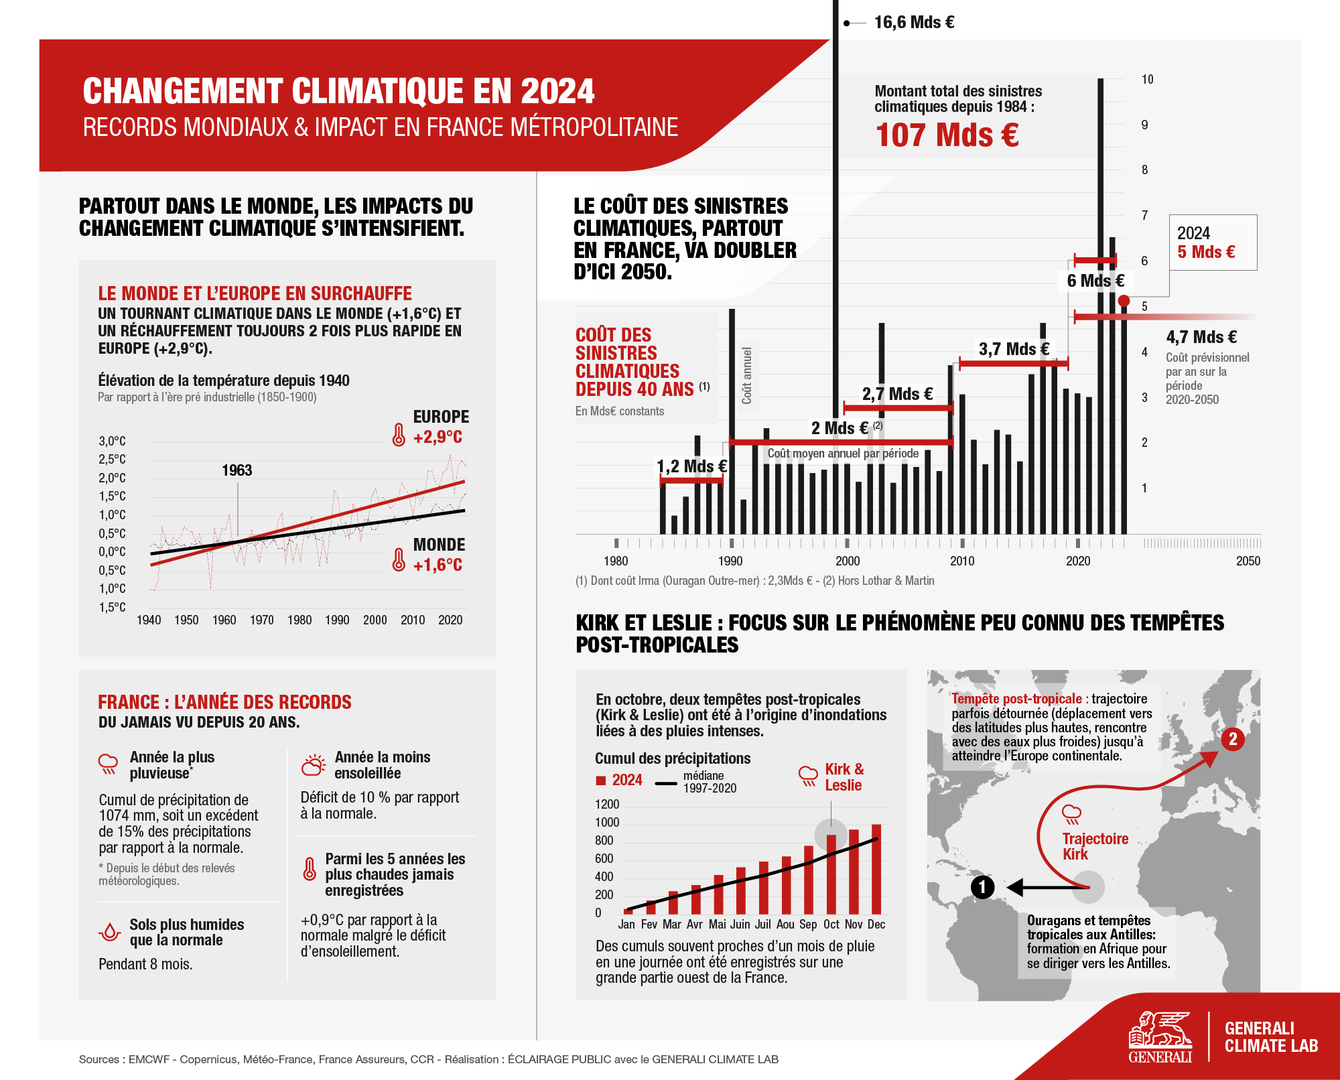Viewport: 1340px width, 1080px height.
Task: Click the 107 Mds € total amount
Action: coord(947,135)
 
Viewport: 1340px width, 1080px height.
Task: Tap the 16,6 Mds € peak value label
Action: coord(914,23)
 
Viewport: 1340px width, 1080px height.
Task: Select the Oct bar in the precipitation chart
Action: coord(831,874)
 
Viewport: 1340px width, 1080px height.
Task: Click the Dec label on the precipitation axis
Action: coord(876,925)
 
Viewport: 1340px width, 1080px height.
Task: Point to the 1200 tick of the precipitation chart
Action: coord(607,805)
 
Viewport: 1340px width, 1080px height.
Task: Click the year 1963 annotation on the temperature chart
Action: coord(237,470)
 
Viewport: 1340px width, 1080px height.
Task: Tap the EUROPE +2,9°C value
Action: coord(438,437)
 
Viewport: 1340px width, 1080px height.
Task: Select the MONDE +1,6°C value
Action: coord(438,565)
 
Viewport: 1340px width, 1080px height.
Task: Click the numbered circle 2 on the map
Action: coord(1232,739)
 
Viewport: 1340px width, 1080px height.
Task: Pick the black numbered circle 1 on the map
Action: coord(982,887)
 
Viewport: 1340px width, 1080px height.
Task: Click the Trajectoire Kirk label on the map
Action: coord(1094,846)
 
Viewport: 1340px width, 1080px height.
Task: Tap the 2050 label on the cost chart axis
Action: coord(1248,561)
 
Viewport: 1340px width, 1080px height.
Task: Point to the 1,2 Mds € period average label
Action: coord(691,466)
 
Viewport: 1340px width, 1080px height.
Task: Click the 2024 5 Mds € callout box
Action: coord(1213,243)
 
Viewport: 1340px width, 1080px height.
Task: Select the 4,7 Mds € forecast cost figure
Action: coord(1201,337)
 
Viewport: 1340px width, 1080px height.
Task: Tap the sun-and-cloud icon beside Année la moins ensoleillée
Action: coord(313,765)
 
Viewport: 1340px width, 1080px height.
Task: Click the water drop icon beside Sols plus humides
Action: coord(109,932)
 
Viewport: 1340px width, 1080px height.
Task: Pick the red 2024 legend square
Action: coord(601,781)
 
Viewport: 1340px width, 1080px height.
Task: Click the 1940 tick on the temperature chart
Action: coord(149,620)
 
